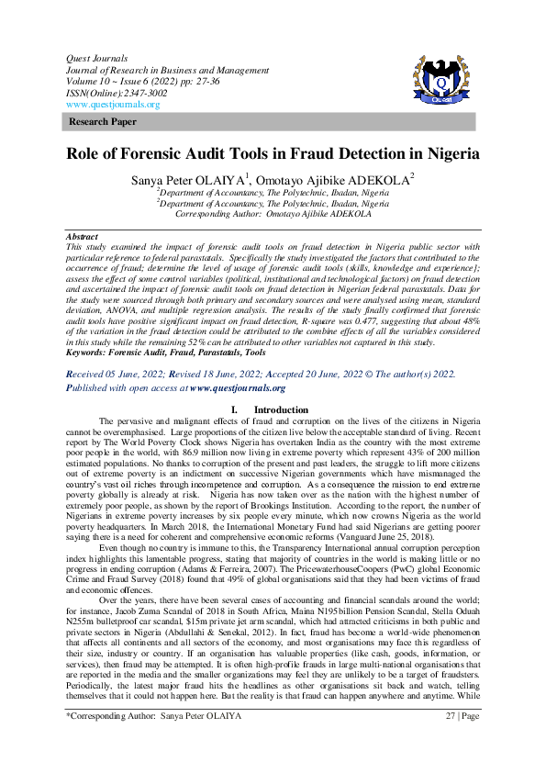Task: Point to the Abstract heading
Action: coord(83,236)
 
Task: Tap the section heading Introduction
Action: coord(281,409)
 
